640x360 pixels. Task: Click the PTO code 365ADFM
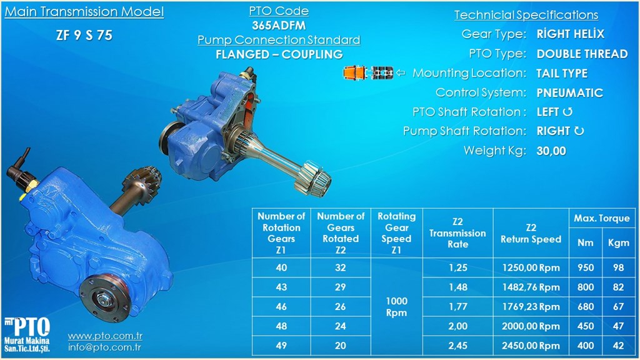[x=279, y=25]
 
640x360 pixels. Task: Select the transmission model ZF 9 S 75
[x=84, y=35]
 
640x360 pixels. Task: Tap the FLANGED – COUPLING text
[x=279, y=54]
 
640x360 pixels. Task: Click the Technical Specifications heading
[x=526, y=15]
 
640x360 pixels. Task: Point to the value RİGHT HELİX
[x=570, y=34]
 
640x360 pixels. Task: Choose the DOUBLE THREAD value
[x=582, y=54]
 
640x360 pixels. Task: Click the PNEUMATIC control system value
[x=570, y=92]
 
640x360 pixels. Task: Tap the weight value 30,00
[x=551, y=151]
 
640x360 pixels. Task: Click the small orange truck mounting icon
[x=368, y=72]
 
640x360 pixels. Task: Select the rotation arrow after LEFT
[x=567, y=112]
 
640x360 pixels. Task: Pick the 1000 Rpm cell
[x=396, y=306]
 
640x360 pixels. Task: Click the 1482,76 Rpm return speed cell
[x=531, y=287]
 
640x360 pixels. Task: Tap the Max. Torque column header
[x=602, y=218]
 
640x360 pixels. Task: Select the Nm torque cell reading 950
[x=585, y=267]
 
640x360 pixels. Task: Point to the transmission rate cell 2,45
[x=457, y=346]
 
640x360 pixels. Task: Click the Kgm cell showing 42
[x=618, y=346]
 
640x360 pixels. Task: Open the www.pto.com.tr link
[x=105, y=336]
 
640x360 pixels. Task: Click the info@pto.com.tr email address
[x=104, y=347]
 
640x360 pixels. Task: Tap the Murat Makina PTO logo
[x=27, y=334]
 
